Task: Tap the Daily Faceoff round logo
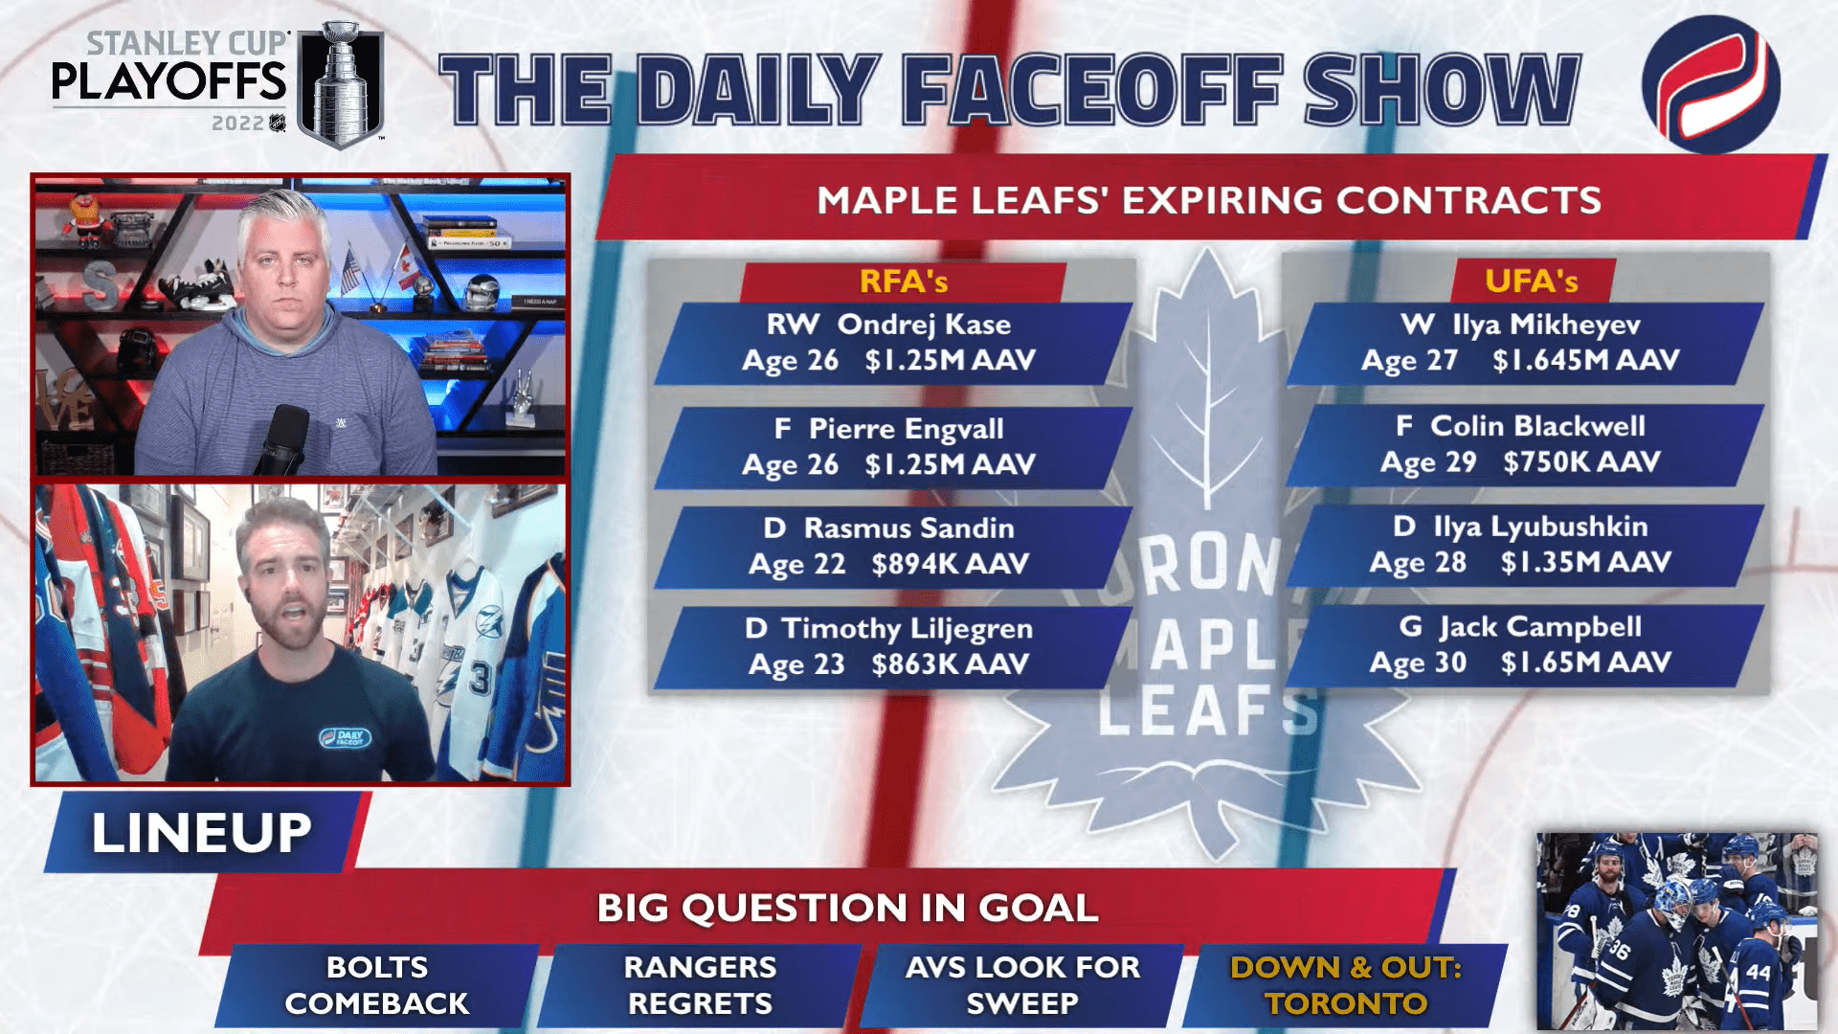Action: pyautogui.click(x=1711, y=84)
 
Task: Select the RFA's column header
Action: pyautogui.click(x=903, y=281)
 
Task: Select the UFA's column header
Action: pyautogui.click(x=1531, y=281)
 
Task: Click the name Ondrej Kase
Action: pyautogui.click(x=924, y=325)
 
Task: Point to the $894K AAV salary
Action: pyautogui.click(x=950, y=564)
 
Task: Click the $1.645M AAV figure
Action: pyautogui.click(x=1585, y=360)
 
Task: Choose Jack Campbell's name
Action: pyautogui.click(x=1540, y=627)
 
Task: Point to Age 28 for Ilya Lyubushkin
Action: pyautogui.click(x=1418, y=562)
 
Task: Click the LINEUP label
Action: pyautogui.click(x=201, y=832)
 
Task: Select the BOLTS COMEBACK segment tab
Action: pyautogui.click(x=376, y=985)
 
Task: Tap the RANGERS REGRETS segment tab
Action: pyautogui.click(x=700, y=985)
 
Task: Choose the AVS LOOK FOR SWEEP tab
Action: pyautogui.click(x=1022, y=985)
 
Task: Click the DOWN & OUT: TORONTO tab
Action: pyautogui.click(x=1345, y=985)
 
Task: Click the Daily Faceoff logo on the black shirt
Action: pyautogui.click(x=345, y=737)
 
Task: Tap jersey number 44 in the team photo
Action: pyautogui.click(x=1758, y=972)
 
